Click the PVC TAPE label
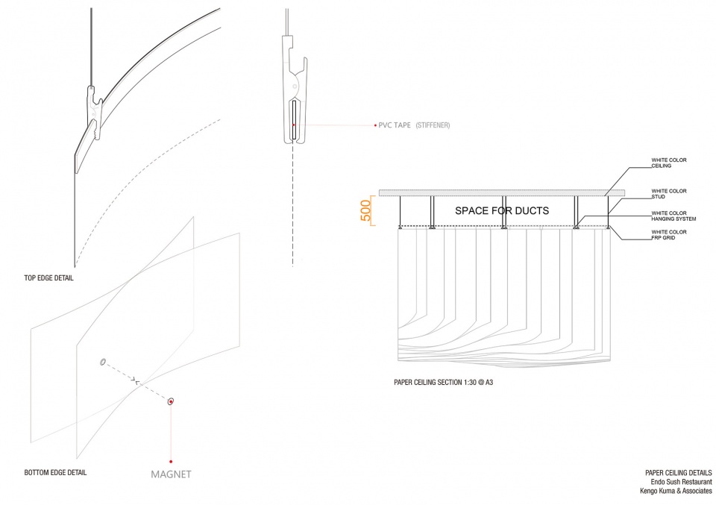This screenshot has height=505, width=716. (395, 125)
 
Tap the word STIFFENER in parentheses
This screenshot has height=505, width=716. (433, 125)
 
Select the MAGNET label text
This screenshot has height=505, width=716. (171, 474)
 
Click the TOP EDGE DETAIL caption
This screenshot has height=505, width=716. (49, 278)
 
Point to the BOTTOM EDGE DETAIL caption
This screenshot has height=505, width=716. (55, 473)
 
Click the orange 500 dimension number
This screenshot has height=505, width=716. (365, 210)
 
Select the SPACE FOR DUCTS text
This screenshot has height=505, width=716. (502, 210)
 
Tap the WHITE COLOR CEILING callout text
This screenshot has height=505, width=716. (669, 163)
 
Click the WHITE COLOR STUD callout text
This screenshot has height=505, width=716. (669, 194)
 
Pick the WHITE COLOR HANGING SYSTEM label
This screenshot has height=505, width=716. (674, 216)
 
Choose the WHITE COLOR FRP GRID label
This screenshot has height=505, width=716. (669, 235)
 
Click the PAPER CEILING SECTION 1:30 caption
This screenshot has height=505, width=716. (443, 382)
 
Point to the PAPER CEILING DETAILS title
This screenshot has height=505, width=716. (679, 473)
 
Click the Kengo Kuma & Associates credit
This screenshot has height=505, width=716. (676, 491)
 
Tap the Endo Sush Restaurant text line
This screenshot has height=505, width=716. (681, 482)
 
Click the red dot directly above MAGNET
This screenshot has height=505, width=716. (171, 462)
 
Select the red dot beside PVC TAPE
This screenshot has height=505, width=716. (375, 125)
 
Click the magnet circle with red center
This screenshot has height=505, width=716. (171, 402)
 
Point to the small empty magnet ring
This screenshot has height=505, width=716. (103, 362)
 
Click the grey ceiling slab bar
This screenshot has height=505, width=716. (502, 192)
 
